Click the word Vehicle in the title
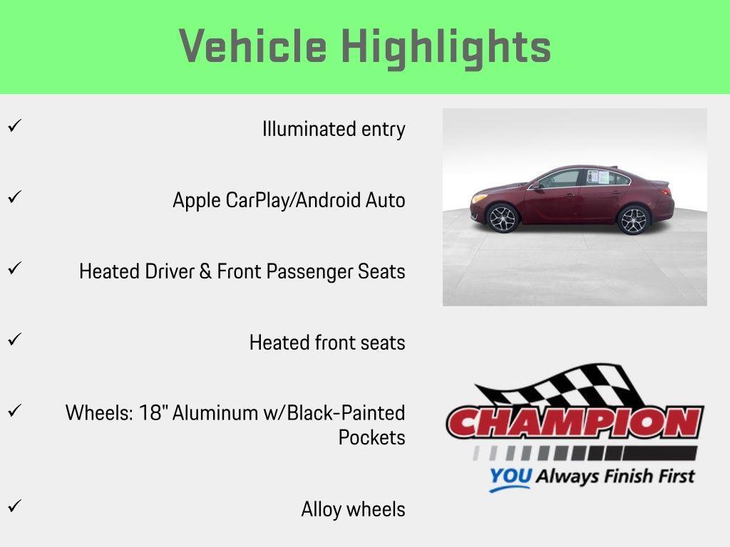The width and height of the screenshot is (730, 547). coord(253,47)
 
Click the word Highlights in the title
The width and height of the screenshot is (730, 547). coord(446,47)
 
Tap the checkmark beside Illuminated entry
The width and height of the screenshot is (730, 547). coord(14,127)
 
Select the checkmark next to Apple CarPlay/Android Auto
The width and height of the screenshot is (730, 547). coord(14,197)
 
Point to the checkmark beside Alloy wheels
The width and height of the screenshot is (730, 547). coord(14,506)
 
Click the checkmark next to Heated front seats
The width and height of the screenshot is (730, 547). coord(14,340)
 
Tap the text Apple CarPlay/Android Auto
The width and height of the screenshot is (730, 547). coord(289,201)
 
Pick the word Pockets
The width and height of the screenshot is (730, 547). coord(371,437)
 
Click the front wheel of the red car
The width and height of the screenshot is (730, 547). coord(503,218)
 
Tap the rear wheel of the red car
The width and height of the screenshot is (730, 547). coord(633,220)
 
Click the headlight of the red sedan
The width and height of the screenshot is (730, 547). coord(480,197)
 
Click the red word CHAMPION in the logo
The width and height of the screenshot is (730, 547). coord(575,423)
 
